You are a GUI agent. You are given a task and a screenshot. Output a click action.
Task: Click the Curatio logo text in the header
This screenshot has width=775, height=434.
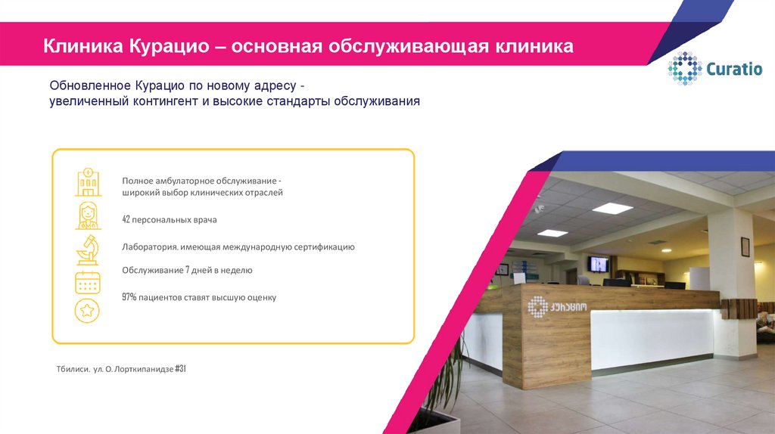(x=733, y=70)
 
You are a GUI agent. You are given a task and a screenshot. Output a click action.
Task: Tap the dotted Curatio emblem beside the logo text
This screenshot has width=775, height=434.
(x=684, y=69)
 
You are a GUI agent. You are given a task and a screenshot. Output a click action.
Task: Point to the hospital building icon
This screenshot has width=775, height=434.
(x=88, y=181)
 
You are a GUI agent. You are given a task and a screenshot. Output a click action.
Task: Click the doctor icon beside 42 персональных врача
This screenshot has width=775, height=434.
(x=88, y=215)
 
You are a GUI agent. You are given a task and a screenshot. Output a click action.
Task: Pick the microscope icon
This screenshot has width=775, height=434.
(x=88, y=249)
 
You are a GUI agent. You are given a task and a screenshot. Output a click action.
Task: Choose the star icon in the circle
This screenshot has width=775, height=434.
(x=88, y=310)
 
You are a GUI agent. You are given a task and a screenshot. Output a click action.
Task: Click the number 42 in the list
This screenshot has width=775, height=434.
(x=126, y=220)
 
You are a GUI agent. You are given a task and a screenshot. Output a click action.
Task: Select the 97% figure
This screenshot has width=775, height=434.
(x=129, y=297)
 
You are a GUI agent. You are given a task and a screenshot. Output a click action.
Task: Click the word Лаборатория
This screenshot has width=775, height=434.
(x=150, y=247)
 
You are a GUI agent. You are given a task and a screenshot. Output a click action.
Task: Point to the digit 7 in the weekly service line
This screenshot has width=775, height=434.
(x=187, y=270)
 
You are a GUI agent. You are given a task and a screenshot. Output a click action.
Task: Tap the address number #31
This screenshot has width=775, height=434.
(x=180, y=369)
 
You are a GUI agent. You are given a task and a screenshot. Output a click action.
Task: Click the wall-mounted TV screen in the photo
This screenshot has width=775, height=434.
(x=598, y=264)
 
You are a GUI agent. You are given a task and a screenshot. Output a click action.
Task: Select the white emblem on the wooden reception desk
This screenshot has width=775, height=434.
(x=537, y=306)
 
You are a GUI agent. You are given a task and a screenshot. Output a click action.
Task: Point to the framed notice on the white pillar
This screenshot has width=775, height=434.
(x=745, y=246)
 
